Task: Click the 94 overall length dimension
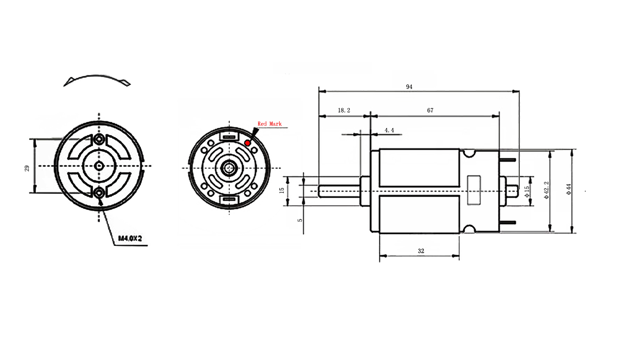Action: (409, 86)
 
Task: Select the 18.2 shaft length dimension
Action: (344, 110)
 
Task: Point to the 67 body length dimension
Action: (430, 110)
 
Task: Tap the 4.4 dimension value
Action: (389, 131)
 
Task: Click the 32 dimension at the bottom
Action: (421, 251)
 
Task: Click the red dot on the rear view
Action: (248, 142)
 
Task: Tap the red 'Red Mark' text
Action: (269, 124)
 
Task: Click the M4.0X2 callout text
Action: (129, 239)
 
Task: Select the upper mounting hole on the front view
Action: (98, 139)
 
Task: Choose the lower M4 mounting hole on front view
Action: (98, 193)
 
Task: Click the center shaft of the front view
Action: (98, 166)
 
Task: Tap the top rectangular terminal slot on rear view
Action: (227, 137)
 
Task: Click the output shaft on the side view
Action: (339, 190)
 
